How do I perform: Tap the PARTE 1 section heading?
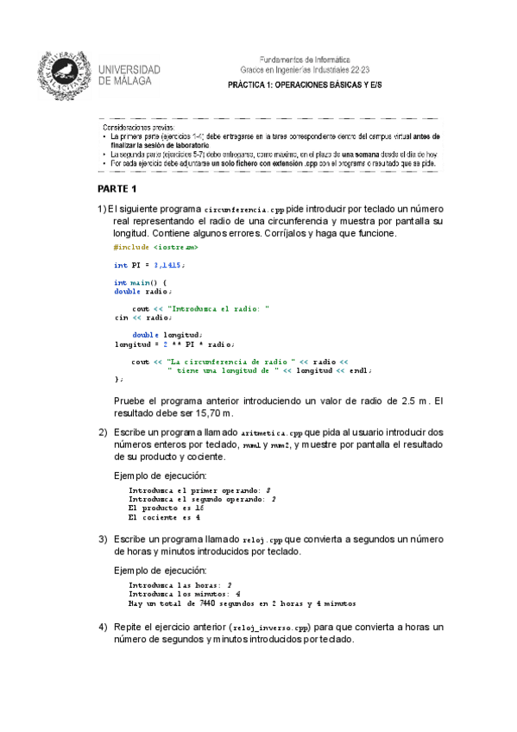(117, 188)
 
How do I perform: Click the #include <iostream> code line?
(149, 247)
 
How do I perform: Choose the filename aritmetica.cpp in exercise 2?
(273, 432)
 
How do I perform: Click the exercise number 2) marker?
(102, 432)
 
